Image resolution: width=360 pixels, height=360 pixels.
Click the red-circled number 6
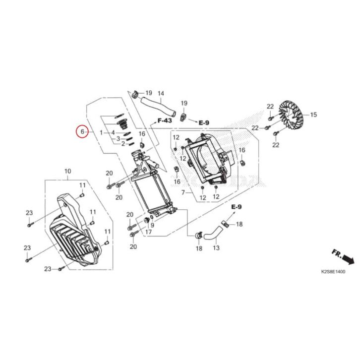[82, 131]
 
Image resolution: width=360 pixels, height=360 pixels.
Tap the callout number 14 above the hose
[161, 93]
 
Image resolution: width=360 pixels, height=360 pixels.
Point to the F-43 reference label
[165, 120]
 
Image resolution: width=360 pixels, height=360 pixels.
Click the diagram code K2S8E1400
[333, 272]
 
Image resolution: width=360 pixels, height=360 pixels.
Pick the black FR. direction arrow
[348, 260]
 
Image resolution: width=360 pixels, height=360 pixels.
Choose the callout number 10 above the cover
[68, 171]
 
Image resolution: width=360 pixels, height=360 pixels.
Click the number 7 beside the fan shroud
[183, 192]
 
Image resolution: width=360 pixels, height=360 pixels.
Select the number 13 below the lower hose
[216, 248]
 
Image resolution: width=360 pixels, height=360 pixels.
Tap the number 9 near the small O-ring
[152, 225]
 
